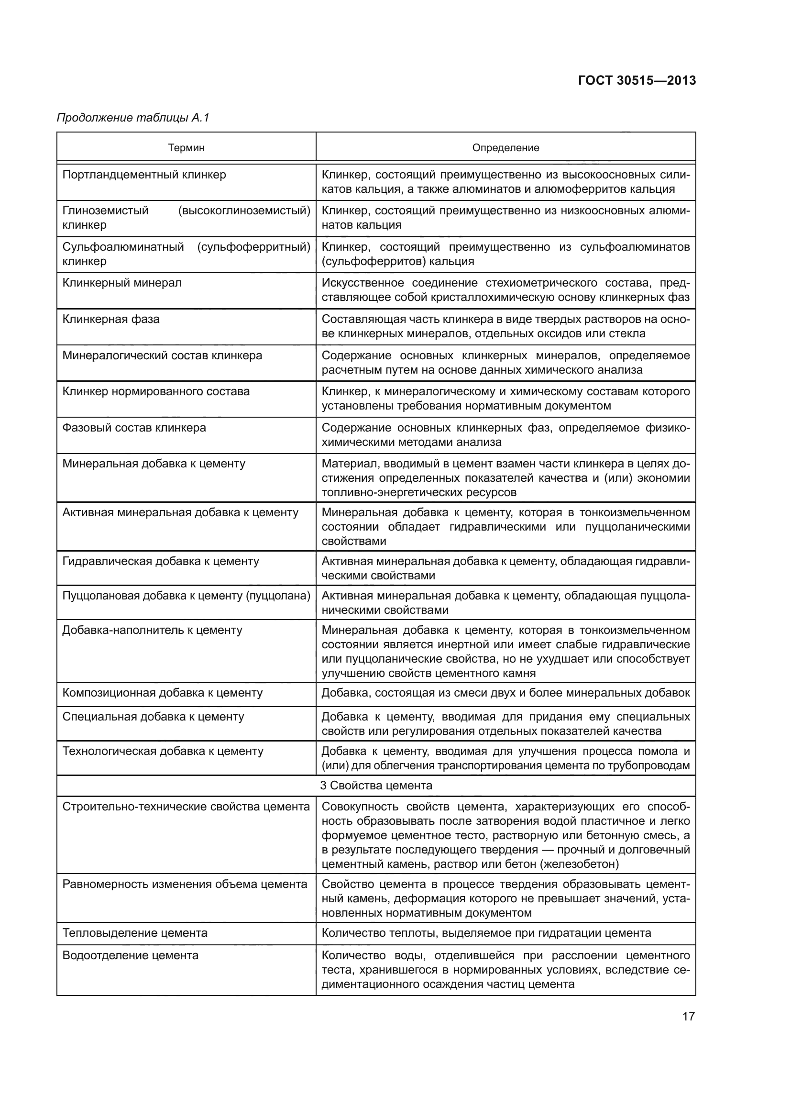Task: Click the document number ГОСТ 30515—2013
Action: [x=637, y=80]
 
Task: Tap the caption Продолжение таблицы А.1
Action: [x=133, y=118]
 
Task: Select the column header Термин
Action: [x=186, y=148]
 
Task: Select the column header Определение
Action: [x=505, y=148]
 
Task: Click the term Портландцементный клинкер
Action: [x=144, y=175]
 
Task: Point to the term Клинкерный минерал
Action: [x=122, y=283]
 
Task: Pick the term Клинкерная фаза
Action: [x=111, y=319]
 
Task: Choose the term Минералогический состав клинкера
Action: [x=162, y=355]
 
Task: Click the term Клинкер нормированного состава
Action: [x=156, y=391]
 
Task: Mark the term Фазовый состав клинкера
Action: [x=134, y=427]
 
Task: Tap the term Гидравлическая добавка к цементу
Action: [x=161, y=561]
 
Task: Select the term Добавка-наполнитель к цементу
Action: [x=152, y=630]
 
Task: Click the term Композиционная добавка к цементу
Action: [x=162, y=693]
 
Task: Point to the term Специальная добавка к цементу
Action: [x=153, y=717]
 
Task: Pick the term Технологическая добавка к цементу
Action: [x=163, y=751]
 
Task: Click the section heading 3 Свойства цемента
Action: [x=376, y=785]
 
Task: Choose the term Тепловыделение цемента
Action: [x=135, y=933]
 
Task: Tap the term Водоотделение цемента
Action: [x=131, y=955]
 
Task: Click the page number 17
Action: [x=688, y=1016]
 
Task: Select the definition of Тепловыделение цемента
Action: [x=486, y=933]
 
